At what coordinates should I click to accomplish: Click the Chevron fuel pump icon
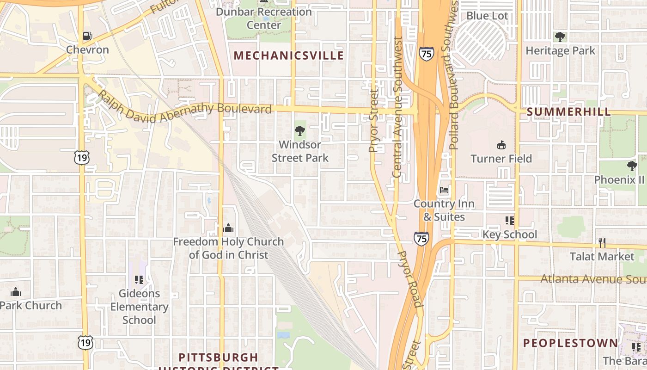pos(87,36)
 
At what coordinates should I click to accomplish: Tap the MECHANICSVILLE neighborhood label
pos(288,56)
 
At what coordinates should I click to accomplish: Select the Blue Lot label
pos(487,16)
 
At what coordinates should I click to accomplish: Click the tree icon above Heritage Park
pos(560,37)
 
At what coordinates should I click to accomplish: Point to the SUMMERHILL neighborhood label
pos(568,112)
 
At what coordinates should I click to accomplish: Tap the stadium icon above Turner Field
pos(501,145)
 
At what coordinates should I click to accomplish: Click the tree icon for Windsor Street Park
pos(300,131)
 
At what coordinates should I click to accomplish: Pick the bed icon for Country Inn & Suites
pos(444,190)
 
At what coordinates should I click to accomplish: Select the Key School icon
pos(510,221)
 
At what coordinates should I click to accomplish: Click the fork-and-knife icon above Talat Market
pos(602,242)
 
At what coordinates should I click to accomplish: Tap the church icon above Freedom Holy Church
pos(228,228)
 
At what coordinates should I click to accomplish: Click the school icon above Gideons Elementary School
pos(139,279)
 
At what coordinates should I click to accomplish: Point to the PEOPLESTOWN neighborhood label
pos(570,343)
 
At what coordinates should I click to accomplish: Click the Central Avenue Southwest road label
pos(397,107)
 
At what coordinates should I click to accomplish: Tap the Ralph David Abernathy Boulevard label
pos(185,111)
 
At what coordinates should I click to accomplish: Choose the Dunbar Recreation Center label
pos(263,18)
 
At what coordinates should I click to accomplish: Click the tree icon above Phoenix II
pos(632,166)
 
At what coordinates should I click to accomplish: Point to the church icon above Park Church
pos(16,292)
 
